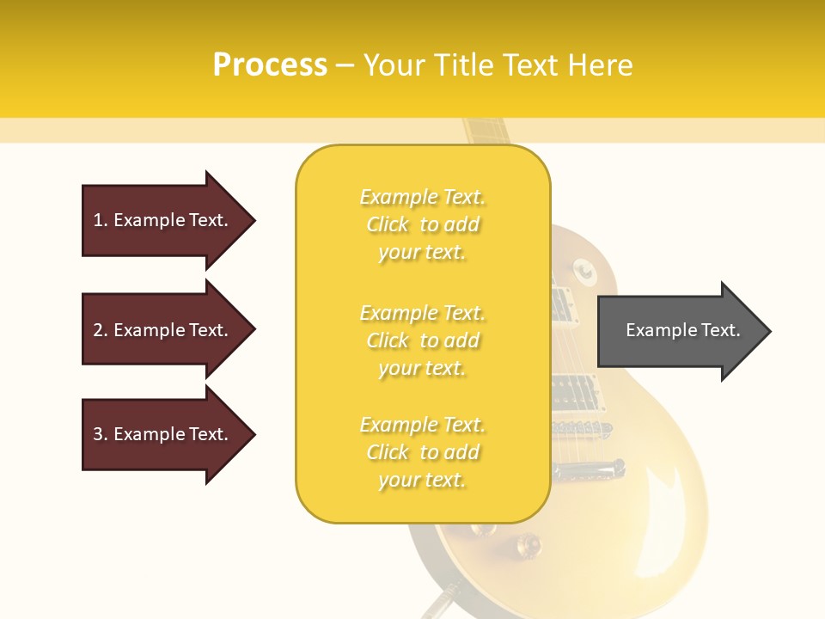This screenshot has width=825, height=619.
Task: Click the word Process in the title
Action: click(270, 64)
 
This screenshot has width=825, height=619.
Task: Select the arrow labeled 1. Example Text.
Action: click(163, 220)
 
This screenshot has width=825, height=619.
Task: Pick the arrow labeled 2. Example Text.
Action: click(163, 330)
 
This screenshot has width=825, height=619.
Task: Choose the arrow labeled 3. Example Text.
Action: click(163, 434)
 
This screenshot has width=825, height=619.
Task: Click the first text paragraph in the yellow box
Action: click(422, 224)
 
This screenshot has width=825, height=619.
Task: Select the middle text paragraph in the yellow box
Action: click(422, 340)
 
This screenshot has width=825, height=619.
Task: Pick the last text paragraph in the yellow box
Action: click(422, 452)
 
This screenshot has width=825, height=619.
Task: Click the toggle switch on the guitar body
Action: click(585, 272)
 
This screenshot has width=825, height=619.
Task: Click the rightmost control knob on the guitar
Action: click(527, 543)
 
